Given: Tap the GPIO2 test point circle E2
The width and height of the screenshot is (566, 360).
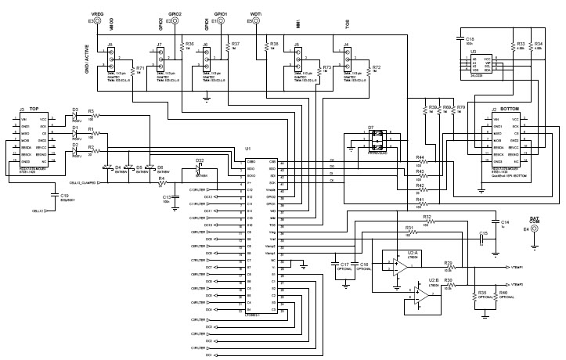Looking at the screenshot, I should point(169,21).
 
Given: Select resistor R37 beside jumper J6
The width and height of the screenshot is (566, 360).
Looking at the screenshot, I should point(227,46).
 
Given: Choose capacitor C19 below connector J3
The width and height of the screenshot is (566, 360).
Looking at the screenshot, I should point(53,196).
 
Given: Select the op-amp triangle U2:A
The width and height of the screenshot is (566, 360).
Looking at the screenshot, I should point(398,265).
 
